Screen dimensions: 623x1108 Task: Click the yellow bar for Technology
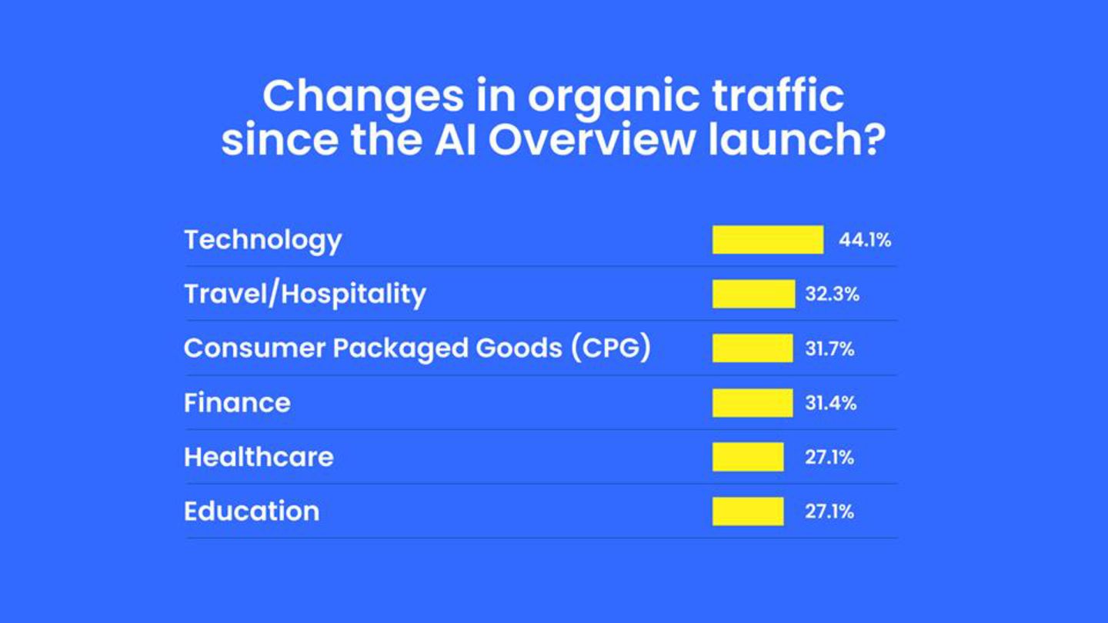tap(767, 239)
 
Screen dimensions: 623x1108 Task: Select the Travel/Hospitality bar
tap(753, 294)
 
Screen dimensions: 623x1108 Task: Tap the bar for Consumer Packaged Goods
tap(752, 348)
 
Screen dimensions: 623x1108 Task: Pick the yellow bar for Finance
tap(752, 403)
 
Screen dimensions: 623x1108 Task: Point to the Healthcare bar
tap(747, 457)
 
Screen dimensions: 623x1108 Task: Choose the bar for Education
tap(747, 511)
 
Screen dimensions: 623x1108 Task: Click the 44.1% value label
tap(865, 240)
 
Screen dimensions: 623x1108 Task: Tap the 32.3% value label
tap(832, 294)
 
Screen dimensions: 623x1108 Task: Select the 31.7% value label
tap(829, 348)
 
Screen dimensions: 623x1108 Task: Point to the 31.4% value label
tap(830, 403)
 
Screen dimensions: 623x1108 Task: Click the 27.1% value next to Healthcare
tap(829, 458)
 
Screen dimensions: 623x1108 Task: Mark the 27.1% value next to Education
tap(829, 511)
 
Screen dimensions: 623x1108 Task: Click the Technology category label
tap(262, 240)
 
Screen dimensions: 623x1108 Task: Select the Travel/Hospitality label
tap(305, 294)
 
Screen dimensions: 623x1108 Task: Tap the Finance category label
tap(237, 403)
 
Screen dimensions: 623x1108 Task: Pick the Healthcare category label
tap(259, 457)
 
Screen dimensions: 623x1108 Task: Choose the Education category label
tap(251, 511)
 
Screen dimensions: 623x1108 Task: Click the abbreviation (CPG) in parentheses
tap(611, 348)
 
